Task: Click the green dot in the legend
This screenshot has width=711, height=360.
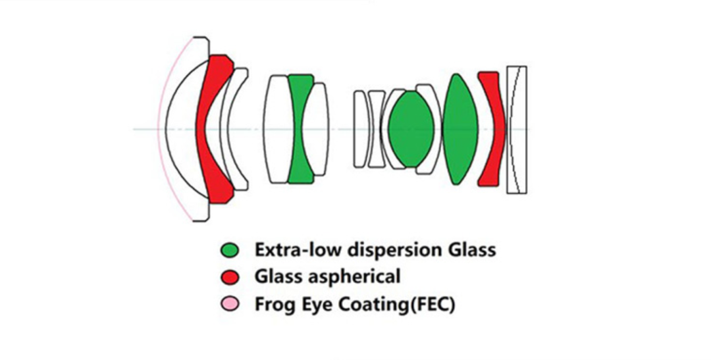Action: pyautogui.click(x=230, y=251)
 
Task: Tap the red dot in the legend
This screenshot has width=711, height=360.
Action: pyautogui.click(x=230, y=278)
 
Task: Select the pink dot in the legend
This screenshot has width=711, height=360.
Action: pyautogui.click(x=230, y=305)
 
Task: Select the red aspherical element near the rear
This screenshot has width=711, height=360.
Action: pyautogui.click(x=490, y=129)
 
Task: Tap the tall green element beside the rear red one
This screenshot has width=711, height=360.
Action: pyautogui.click(x=460, y=129)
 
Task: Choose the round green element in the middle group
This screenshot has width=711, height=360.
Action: pyautogui.click(x=408, y=129)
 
